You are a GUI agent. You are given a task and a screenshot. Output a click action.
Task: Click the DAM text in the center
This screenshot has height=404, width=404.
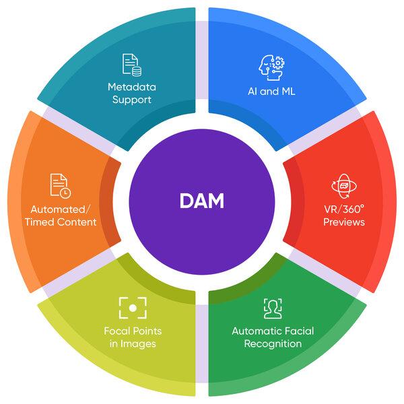point(202,201)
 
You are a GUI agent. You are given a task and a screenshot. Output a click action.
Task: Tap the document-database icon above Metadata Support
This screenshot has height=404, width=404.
point(132,65)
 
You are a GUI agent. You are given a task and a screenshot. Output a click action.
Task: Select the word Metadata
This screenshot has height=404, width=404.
point(132,87)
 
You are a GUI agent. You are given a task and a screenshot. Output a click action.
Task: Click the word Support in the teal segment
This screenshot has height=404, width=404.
point(132,100)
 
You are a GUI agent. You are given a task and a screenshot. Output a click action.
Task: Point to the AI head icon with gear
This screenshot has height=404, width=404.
point(271,67)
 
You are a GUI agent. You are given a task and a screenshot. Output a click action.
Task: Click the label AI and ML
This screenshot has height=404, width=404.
point(271,92)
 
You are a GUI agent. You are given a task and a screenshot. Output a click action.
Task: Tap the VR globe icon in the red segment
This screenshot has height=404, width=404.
point(344,186)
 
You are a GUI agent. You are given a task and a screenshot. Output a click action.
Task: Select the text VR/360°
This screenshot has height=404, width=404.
point(344,209)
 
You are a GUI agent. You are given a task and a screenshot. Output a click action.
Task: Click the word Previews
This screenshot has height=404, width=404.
point(344,222)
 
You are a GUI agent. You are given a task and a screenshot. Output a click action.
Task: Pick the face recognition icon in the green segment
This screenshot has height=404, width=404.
point(273,308)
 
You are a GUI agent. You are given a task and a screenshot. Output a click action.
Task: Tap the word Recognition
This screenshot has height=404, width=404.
point(273,344)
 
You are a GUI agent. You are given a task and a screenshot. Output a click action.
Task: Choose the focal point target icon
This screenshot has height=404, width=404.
point(133,308)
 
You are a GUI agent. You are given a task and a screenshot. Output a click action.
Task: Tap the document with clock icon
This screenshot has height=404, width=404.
point(61,186)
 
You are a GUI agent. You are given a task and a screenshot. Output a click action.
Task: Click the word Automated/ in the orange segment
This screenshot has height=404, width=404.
point(61,209)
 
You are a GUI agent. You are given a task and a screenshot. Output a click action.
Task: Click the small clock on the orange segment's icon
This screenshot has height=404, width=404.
point(66,193)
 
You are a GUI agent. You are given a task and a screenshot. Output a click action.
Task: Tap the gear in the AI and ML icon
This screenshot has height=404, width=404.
point(278,63)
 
